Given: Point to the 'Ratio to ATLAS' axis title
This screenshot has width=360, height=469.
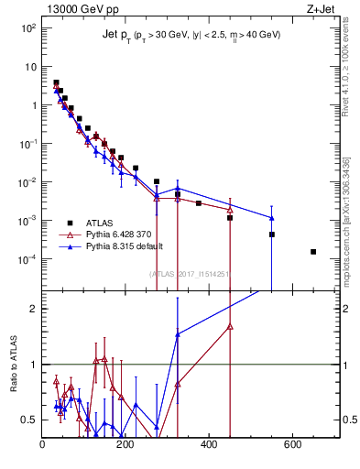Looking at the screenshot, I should (x=12, y=364).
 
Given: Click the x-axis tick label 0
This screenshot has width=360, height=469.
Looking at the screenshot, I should (x=43, y=445).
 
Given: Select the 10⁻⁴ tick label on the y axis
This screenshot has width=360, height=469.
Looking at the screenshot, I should (x=28, y=258).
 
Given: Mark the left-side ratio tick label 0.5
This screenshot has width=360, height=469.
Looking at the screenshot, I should (x=30, y=420).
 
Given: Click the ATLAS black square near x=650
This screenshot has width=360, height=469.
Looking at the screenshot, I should (x=313, y=251).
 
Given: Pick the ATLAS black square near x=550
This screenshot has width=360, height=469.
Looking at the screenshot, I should (x=272, y=234).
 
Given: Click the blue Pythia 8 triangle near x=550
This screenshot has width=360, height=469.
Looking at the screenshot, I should (x=272, y=218).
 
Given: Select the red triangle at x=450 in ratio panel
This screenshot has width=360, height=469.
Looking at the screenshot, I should (x=230, y=326).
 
